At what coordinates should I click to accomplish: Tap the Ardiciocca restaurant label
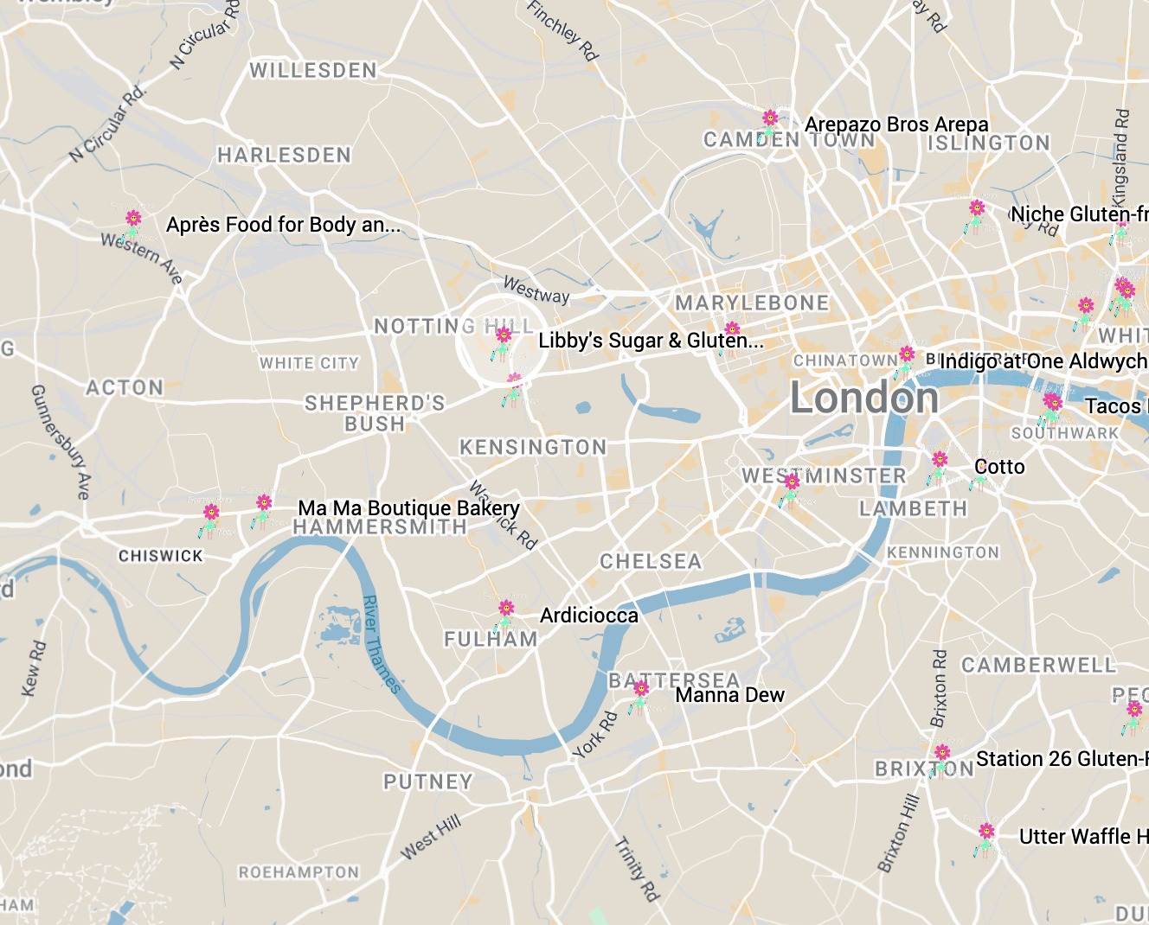(588, 616)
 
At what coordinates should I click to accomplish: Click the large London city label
(864, 399)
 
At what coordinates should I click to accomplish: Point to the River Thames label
(381, 644)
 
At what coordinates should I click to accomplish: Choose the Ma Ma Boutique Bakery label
(408, 508)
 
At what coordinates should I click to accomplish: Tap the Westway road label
(536, 290)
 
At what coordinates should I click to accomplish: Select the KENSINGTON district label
(533, 447)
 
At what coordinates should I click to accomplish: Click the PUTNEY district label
(428, 781)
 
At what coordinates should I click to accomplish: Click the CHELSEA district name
(651, 561)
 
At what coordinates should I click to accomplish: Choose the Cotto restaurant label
(999, 467)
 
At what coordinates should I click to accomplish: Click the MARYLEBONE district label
(752, 303)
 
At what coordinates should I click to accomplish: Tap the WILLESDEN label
(313, 70)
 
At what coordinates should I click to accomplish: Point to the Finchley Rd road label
(562, 30)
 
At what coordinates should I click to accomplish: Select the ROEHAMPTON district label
(298, 872)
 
